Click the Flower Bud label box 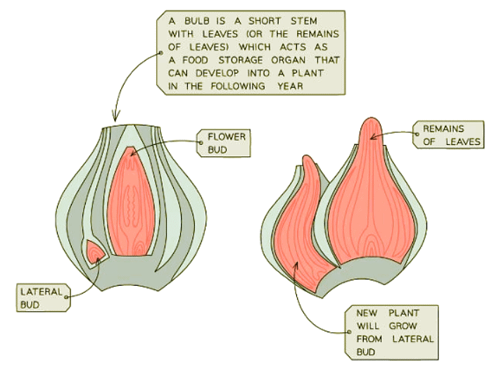[x=224, y=142]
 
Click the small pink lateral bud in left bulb [x=94, y=251]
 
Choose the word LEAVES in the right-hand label [x=462, y=142]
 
